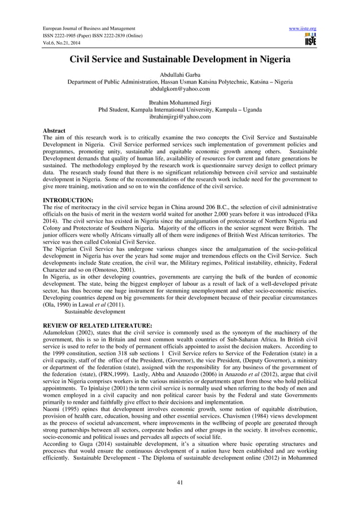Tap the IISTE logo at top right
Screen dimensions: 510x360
[309, 40]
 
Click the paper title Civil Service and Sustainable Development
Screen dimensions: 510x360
[179, 59]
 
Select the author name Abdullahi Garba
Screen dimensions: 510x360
[180, 74]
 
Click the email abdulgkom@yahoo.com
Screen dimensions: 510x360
[180, 89]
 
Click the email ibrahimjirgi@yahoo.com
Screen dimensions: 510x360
[180, 117]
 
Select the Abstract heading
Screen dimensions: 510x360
[54, 131]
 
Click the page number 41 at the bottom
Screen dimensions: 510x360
[180, 482]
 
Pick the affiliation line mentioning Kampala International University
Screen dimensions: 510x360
[180, 110]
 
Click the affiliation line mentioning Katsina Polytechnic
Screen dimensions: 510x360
[180, 81]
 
